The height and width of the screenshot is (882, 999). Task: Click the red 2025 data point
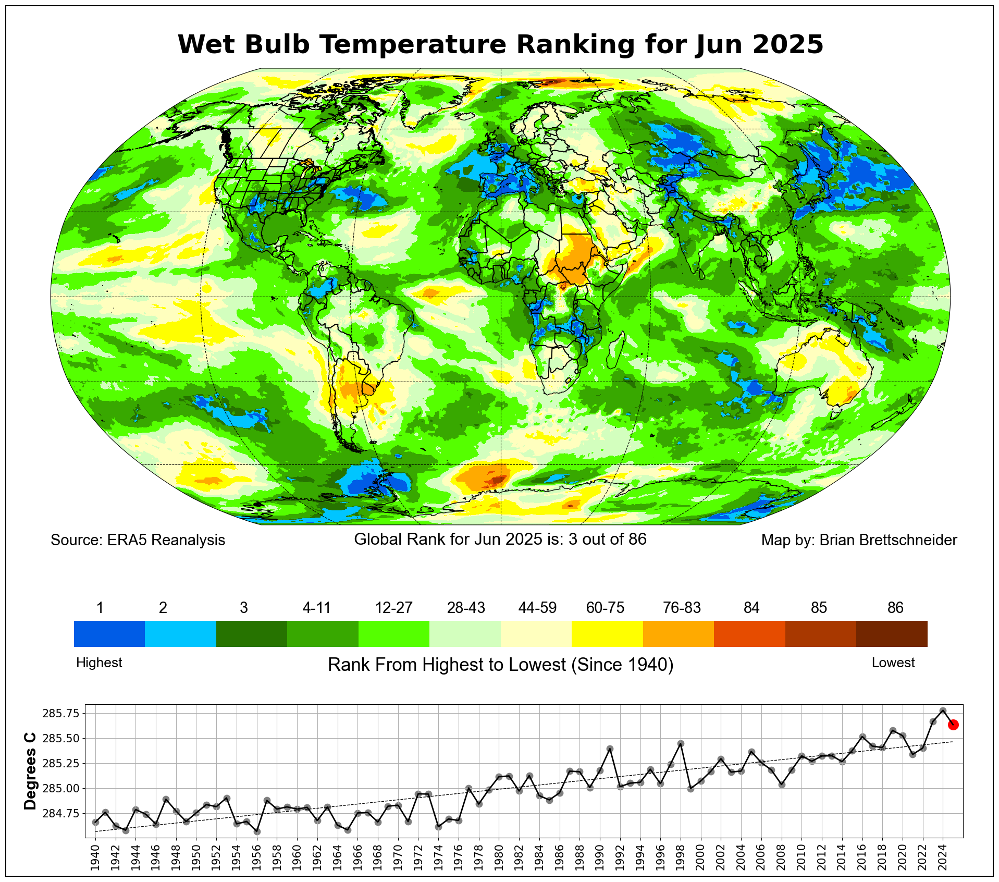[x=953, y=725]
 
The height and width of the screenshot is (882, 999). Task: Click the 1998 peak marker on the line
[x=681, y=743]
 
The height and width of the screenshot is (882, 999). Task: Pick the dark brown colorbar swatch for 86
[x=892, y=633]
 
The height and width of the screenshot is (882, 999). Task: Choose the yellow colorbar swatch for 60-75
[x=607, y=633]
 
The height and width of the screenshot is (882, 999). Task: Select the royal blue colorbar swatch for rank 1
[x=109, y=633]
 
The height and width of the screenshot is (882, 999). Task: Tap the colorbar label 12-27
[x=393, y=608]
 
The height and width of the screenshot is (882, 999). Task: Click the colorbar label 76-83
[x=682, y=608]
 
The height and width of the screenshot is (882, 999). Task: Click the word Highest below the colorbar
[x=99, y=663]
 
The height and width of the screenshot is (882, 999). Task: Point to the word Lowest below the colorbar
[x=893, y=663]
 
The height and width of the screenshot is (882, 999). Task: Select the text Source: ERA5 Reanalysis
[x=138, y=540]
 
